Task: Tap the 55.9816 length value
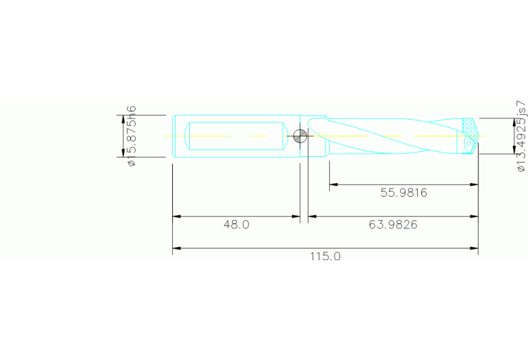pyautogui.click(x=403, y=193)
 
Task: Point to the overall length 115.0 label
pyautogui.click(x=325, y=256)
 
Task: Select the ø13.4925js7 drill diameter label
pyautogui.click(x=521, y=136)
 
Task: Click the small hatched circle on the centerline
pyautogui.click(x=299, y=136)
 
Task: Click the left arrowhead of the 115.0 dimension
pyautogui.click(x=176, y=248)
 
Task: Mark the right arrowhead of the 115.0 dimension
pyautogui.click(x=474, y=248)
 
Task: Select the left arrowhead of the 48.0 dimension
pyautogui.click(x=176, y=217)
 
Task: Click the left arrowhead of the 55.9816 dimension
pyautogui.click(x=333, y=184)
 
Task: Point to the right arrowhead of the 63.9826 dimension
pyautogui.click(x=474, y=217)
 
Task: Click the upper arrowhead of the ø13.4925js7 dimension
pyautogui.click(x=513, y=122)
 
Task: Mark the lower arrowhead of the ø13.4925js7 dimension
pyautogui.click(x=513, y=150)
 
